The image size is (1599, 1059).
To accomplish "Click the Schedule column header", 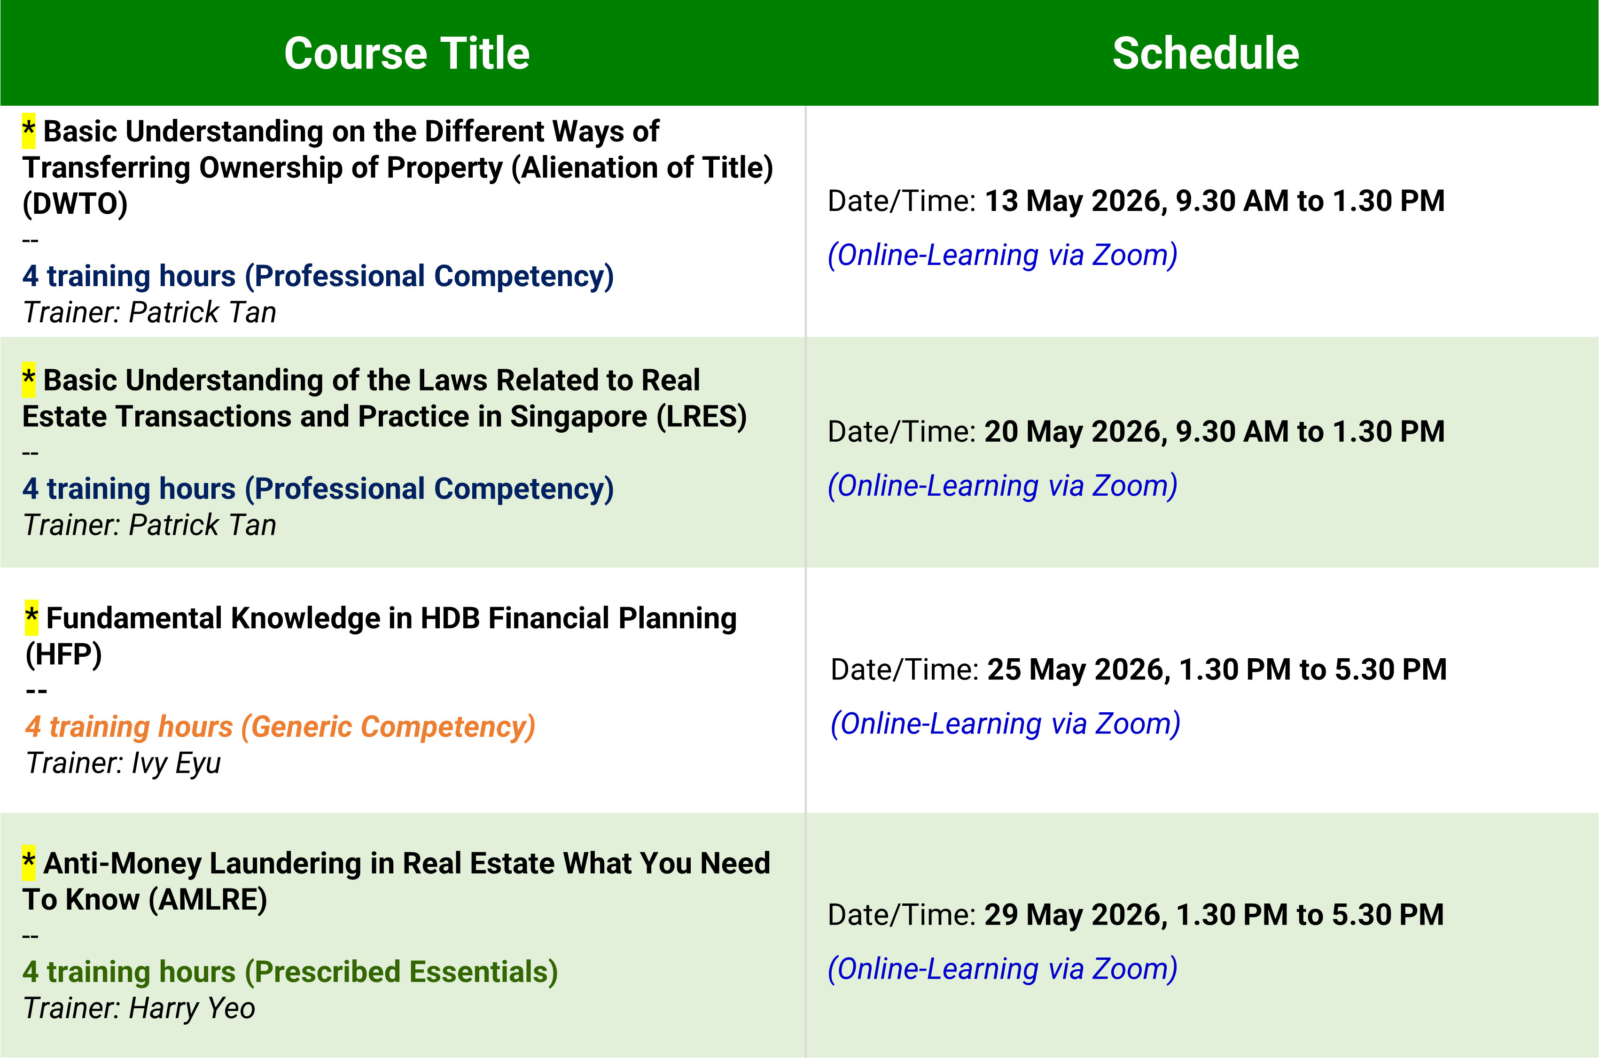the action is tap(1205, 54).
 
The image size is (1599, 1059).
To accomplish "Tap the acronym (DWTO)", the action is tap(75, 204).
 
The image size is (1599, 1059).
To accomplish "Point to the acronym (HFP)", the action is tap(63, 654).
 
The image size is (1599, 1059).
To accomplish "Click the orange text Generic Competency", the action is tap(388, 727).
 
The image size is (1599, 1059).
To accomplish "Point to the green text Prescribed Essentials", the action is tap(401, 973).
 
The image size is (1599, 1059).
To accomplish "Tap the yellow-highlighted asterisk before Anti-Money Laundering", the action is tap(28, 863).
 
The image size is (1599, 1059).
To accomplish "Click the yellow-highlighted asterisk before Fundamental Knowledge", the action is tap(31, 618).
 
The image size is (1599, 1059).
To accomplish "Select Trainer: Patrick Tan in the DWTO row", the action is tap(149, 313).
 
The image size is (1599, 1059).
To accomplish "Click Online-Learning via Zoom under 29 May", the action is tap(1003, 969).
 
